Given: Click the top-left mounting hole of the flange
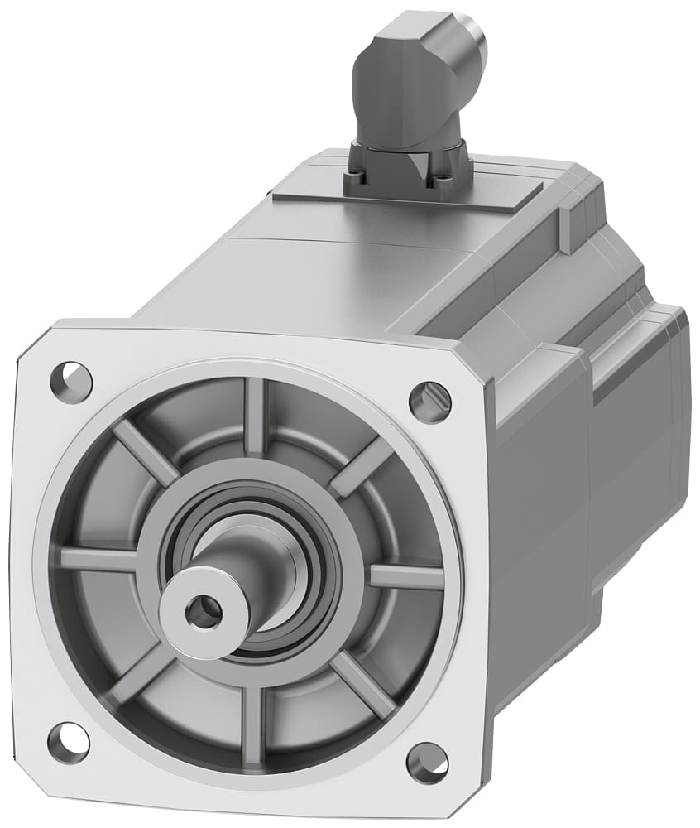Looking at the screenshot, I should [x=71, y=382].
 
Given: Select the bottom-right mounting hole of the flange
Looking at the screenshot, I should [x=428, y=763].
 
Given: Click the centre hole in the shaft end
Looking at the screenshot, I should [x=203, y=612].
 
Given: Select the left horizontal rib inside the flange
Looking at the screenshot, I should [x=98, y=560].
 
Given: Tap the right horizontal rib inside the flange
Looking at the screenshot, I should [x=405, y=576].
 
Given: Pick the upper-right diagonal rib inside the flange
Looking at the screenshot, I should [x=361, y=467].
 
